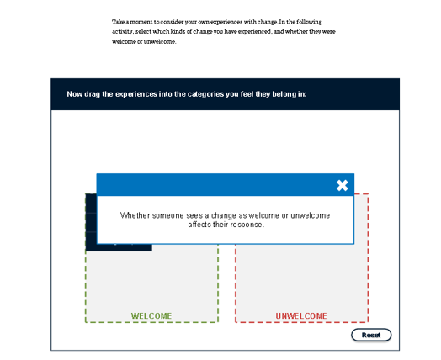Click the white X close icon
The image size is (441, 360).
(x=342, y=186)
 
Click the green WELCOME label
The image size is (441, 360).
(x=151, y=316)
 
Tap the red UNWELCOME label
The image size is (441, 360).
(x=301, y=316)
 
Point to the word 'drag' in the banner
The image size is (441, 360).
(x=92, y=94)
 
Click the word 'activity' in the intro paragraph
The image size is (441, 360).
(x=122, y=31)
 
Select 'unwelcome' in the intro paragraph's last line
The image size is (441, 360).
(x=160, y=41)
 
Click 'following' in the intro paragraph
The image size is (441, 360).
(x=309, y=22)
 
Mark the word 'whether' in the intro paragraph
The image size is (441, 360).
(x=296, y=31)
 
